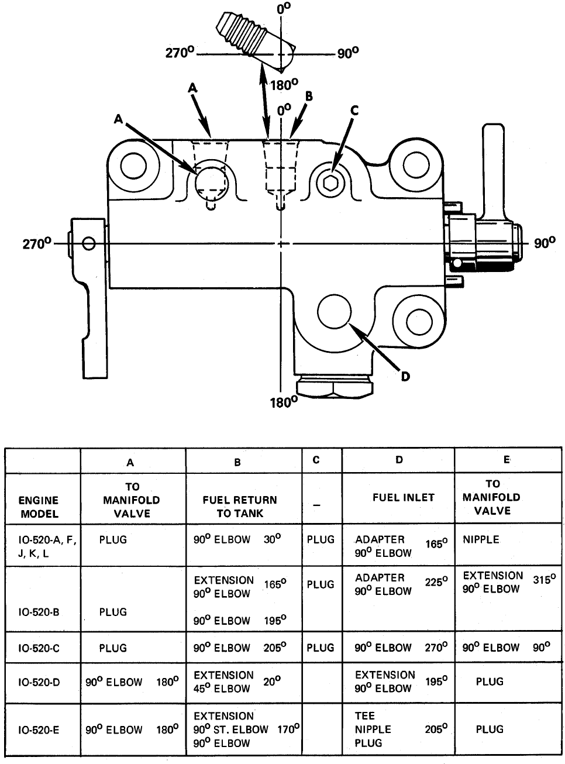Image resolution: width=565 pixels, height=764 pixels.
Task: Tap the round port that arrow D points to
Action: pos(334,312)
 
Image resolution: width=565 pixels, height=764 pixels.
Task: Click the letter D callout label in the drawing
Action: pos(405,376)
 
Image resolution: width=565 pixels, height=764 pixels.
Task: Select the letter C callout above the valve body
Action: pos(354,111)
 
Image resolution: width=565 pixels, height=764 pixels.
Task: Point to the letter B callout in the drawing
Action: pos(309,96)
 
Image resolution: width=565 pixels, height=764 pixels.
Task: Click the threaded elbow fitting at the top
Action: pos(256,41)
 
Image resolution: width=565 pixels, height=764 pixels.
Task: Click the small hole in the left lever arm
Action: pos(89,243)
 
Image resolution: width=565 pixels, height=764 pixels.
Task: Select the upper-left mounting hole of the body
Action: pos(134,166)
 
